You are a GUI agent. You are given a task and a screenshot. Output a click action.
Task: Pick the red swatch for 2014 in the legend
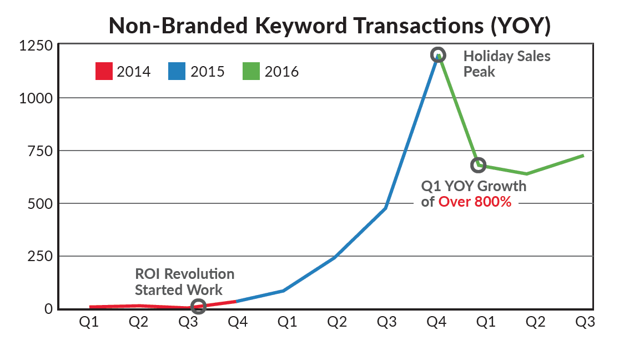coord(104,72)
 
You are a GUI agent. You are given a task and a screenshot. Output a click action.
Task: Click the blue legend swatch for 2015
coord(177,72)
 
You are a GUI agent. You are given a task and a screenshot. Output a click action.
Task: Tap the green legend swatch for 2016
coord(251,72)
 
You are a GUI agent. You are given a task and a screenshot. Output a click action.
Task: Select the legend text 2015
coord(208,72)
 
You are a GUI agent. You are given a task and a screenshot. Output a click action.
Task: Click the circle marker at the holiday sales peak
coord(437,55)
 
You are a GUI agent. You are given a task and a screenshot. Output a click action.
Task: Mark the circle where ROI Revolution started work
coord(198,306)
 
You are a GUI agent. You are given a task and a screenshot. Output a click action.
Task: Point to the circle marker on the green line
coord(479,164)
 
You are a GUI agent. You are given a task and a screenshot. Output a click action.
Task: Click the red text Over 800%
coord(475,202)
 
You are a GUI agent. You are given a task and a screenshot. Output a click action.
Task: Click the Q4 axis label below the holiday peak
coord(437,323)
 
